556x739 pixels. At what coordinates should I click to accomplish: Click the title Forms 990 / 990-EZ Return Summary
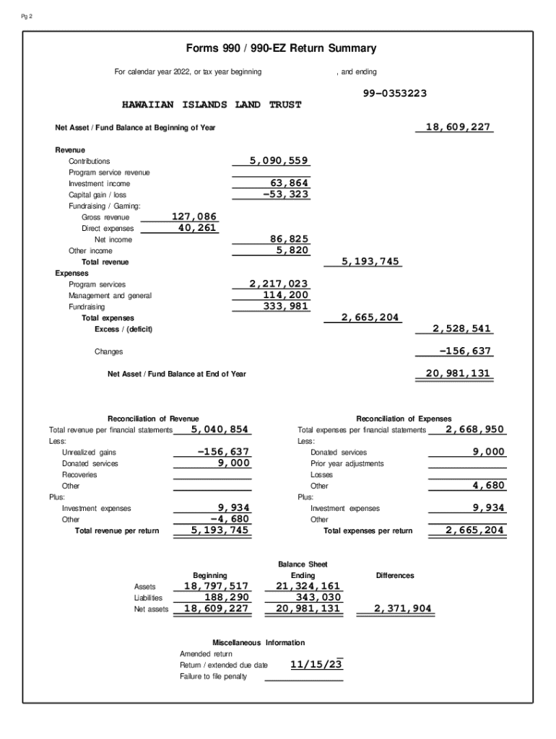click(281, 48)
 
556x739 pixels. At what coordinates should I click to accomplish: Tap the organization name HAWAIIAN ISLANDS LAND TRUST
click(212, 105)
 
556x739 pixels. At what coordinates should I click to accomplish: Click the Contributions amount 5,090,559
click(279, 161)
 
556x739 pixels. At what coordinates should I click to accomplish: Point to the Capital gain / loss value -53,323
click(285, 194)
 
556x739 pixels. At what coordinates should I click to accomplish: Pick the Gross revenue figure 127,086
click(194, 217)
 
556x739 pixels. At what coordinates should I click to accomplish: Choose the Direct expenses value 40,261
click(197, 228)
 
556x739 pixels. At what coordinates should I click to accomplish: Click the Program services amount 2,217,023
click(279, 284)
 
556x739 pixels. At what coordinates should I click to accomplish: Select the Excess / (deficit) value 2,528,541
click(462, 328)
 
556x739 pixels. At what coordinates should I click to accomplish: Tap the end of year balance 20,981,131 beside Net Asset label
click(459, 373)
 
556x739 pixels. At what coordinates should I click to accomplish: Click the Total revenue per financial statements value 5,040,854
click(220, 429)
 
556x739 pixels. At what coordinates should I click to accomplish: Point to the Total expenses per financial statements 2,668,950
click(475, 429)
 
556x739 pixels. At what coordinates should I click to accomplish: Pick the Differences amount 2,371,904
click(403, 608)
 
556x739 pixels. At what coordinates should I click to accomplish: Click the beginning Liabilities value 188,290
click(227, 598)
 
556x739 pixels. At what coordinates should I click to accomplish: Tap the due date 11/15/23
click(316, 665)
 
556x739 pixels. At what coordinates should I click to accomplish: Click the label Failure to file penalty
click(213, 676)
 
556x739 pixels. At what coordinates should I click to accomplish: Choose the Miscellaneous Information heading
click(259, 642)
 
